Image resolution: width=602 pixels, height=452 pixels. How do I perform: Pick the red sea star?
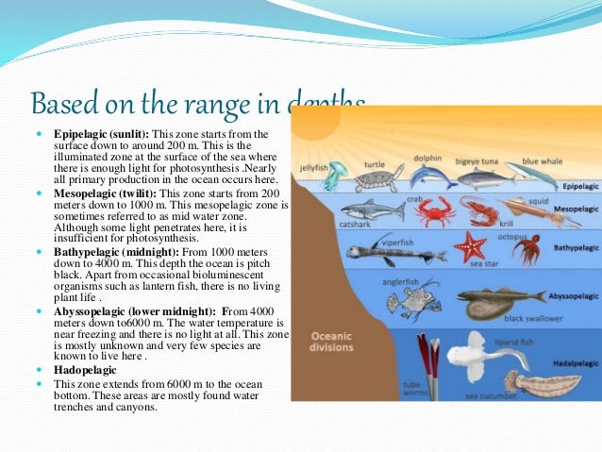(468, 246)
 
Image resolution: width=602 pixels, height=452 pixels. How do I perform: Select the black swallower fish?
(495, 304)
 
